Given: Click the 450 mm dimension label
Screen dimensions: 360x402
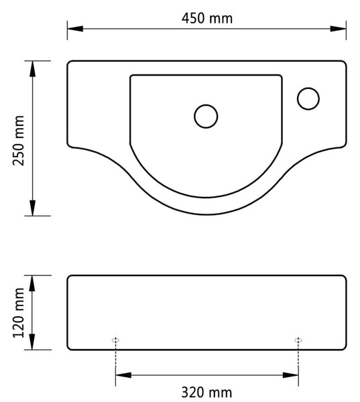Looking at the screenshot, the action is [x=207, y=19].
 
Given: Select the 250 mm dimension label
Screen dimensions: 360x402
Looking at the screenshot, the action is [x=19, y=141].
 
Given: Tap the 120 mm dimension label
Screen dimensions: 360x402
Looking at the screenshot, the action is [x=19, y=313].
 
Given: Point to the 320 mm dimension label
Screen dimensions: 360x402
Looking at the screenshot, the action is [x=206, y=393].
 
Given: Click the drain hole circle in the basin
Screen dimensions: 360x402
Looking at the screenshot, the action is [x=206, y=105].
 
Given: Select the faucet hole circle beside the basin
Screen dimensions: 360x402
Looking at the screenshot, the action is [x=308, y=88].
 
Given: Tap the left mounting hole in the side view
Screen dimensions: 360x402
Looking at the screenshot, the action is [x=116, y=340].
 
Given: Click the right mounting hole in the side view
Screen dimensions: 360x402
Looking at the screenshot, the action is [x=298, y=340].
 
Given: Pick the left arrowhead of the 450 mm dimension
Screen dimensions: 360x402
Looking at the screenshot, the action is [x=75, y=29].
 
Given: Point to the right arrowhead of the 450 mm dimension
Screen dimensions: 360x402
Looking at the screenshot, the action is [x=338, y=29].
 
